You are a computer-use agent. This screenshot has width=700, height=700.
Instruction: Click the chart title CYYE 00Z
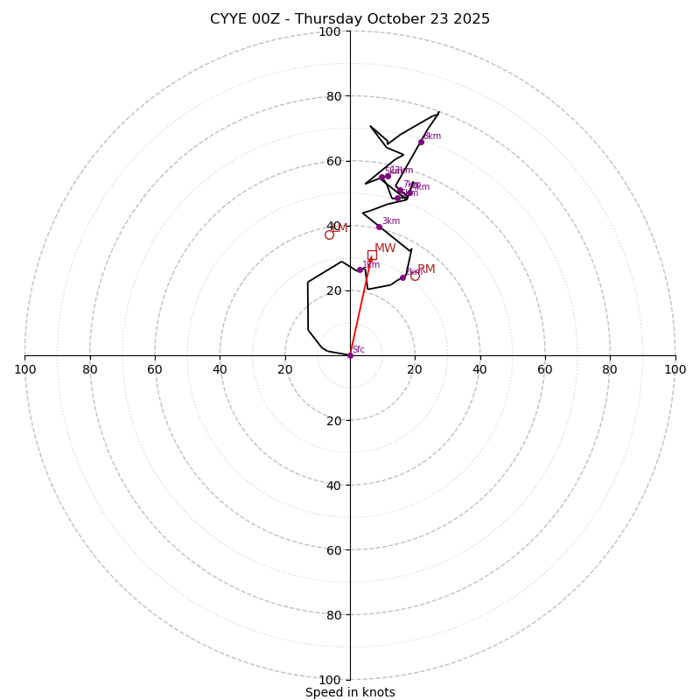(350, 19)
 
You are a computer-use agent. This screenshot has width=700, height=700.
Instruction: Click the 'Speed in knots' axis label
(350, 692)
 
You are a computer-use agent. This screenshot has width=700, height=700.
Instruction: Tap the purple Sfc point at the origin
(350, 355)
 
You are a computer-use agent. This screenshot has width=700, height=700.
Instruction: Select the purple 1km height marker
(360, 269)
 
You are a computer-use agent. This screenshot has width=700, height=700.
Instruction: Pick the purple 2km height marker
(402, 277)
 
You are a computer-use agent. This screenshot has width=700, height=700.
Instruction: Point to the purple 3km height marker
(379, 227)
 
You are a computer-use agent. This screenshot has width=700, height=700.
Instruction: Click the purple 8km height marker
(421, 142)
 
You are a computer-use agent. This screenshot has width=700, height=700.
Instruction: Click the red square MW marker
(372, 255)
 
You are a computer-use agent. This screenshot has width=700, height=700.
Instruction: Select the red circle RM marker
(415, 276)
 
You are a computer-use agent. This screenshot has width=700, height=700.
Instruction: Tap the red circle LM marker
(329, 234)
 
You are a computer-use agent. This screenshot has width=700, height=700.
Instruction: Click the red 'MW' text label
(385, 248)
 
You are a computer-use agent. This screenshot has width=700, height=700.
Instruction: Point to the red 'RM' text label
(426, 269)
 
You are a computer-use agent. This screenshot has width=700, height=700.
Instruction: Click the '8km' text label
(432, 136)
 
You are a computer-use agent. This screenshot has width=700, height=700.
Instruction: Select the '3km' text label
(390, 221)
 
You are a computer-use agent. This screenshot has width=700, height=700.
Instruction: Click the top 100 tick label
(330, 31)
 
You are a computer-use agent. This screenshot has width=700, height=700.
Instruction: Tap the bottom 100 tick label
(330, 679)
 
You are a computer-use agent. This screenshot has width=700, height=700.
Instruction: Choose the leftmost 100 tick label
(24, 369)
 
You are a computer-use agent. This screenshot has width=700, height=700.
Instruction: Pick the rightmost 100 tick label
(675, 369)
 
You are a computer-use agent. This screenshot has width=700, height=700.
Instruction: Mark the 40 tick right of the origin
(479, 369)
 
